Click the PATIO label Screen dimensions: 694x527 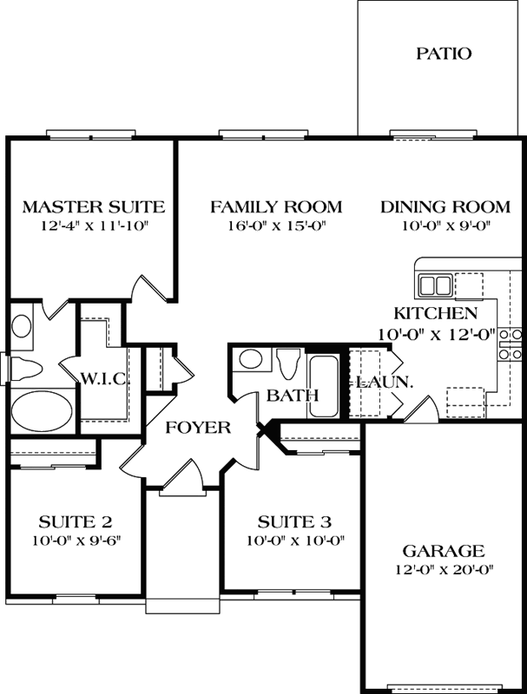pos(443,54)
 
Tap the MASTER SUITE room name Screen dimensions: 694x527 pos(93,206)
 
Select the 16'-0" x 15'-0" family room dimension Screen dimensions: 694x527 pos(276,228)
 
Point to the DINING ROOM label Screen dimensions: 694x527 pos(445,206)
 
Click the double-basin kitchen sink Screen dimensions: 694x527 pos(435,285)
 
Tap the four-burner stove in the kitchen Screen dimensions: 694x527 pos(510,344)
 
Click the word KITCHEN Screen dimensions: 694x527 pos(435,313)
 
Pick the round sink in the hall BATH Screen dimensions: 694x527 pos(252,358)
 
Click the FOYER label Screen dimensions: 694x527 pos(198,427)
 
